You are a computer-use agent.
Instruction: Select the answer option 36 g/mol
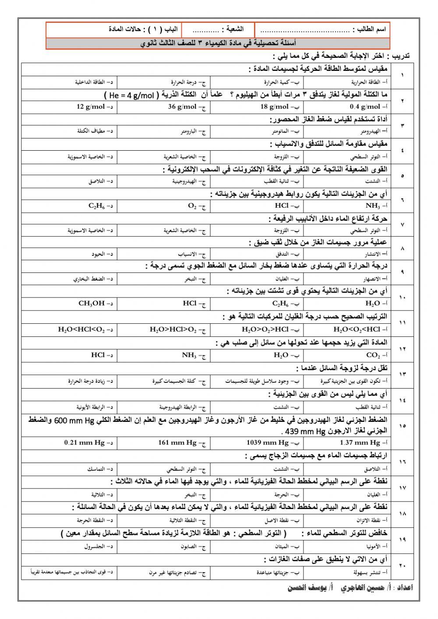coord(183,106)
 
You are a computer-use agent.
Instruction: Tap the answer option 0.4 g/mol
coord(365,106)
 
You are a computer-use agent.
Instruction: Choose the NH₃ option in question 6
coord(373,205)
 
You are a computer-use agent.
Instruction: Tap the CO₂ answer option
coord(373,355)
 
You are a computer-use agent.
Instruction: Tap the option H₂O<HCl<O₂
coord(82,329)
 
